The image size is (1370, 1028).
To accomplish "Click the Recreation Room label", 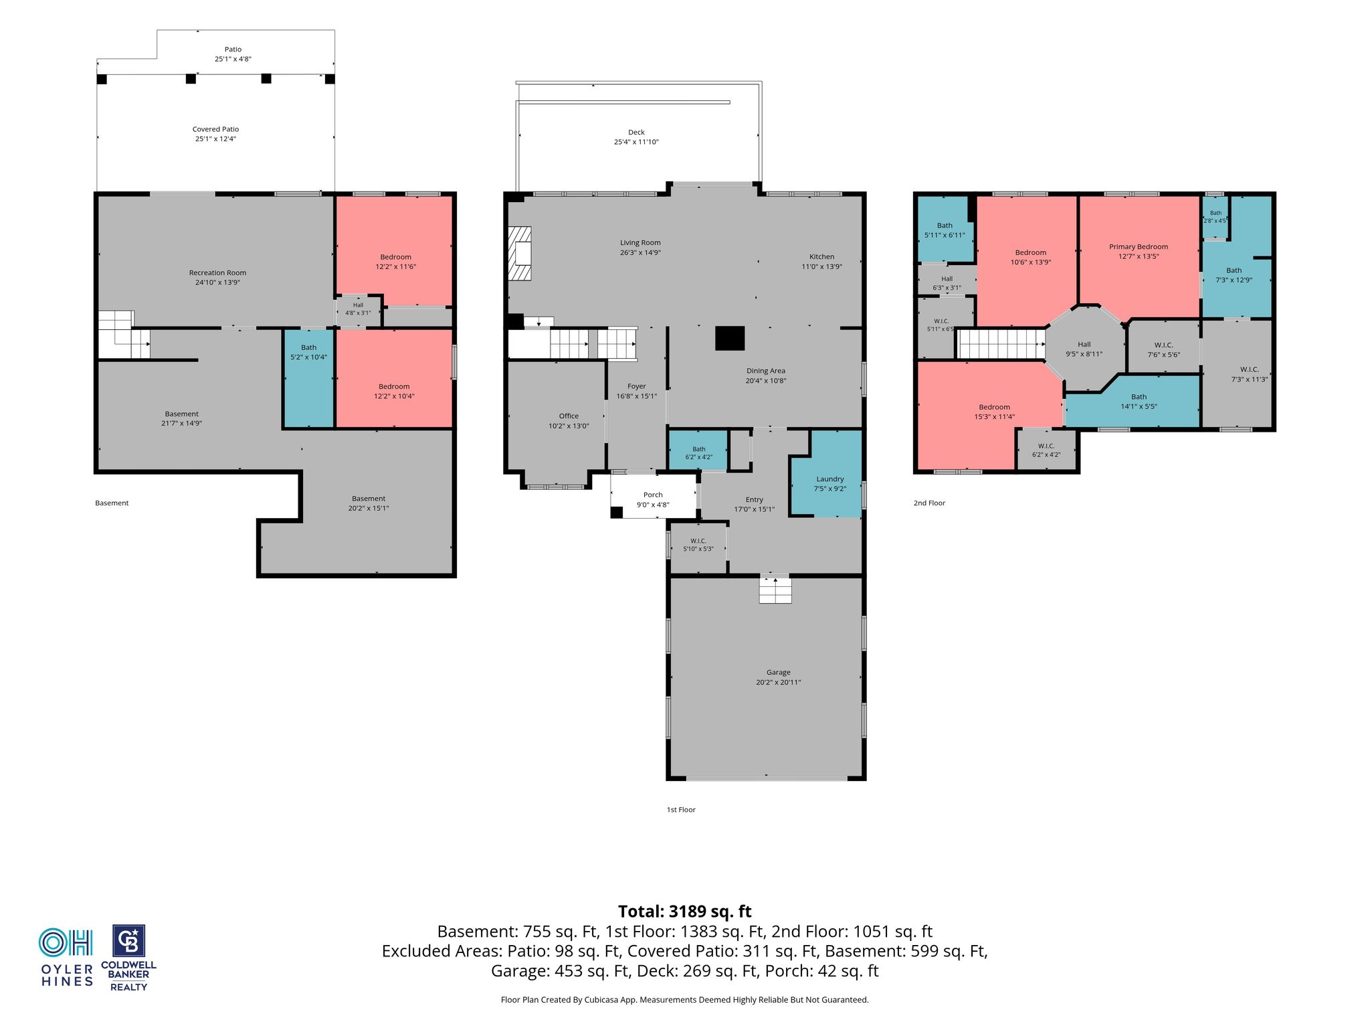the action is pyautogui.click(x=217, y=273).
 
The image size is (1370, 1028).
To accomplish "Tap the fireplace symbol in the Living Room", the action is pyautogui.click(x=520, y=254).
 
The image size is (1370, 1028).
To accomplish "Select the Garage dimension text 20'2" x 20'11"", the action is pyautogui.click(x=778, y=683).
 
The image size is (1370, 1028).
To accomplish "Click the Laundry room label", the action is pyautogui.click(x=829, y=479).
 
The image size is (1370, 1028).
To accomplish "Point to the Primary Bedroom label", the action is pyautogui.click(x=1139, y=247).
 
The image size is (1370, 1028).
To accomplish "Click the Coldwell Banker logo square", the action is pyautogui.click(x=128, y=942).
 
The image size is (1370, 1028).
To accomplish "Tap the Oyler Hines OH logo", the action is pyautogui.click(x=66, y=943).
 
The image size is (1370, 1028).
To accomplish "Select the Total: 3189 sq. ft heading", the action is pyautogui.click(x=684, y=912).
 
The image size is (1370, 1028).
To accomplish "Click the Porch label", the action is pyautogui.click(x=653, y=495).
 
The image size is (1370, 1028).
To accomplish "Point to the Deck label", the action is pyautogui.click(x=636, y=133).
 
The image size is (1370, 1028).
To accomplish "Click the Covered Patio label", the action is pyautogui.click(x=215, y=129).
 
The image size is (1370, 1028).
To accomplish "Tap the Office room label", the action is pyautogui.click(x=569, y=416).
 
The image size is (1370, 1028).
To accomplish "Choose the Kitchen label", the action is pyautogui.click(x=821, y=257).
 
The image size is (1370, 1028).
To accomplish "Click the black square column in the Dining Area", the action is pyautogui.click(x=730, y=338).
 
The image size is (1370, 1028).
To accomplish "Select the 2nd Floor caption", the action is pyautogui.click(x=929, y=503).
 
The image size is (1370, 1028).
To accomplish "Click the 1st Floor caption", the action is pyautogui.click(x=681, y=810).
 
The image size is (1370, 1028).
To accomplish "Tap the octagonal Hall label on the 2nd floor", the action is pyautogui.click(x=1084, y=345).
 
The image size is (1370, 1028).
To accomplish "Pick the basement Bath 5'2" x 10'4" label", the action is pyautogui.click(x=308, y=348).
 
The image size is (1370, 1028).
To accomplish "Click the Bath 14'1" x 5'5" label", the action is pyautogui.click(x=1139, y=397).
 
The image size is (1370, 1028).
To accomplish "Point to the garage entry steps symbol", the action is pyautogui.click(x=775, y=589).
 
